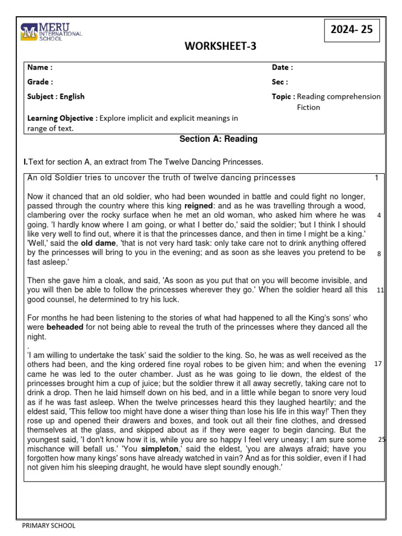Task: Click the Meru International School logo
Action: pyautogui.click(x=51, y=32)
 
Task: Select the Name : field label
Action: pyautogui.click(x=40, y=68)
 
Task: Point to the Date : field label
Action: pyautogui.click(x=282, y=68)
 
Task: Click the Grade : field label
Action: pyautogui.click(x=40, y=82)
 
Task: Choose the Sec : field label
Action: pyautogui.click(x=280, y=82)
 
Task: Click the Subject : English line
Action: pyautogui.click(x=55, y=97)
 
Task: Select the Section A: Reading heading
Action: pyautogui.click(x=218, y=139)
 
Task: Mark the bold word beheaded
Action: pyautogui.click(x=64, y=328)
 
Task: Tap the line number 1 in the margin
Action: pyautogui.click(x=376, y=178)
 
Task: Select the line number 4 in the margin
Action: pyautogui.click(x=378, y=215)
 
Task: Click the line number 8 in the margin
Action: pyautogui.click(x=378, y=253)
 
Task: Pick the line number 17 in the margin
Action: pyautogui.click(x=378, y=363)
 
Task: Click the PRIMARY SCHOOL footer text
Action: pyautogui.click(x=49, y=526)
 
